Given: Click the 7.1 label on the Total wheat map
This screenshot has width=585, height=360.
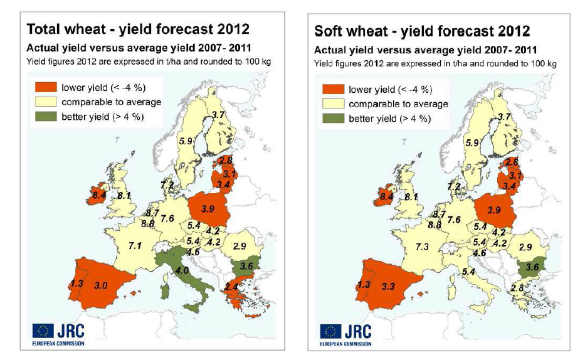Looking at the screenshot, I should click(x=135, y=244).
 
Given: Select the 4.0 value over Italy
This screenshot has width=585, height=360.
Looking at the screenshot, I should click(x=182, y=270).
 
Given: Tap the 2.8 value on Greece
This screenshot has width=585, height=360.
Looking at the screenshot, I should click(x=517, y=288).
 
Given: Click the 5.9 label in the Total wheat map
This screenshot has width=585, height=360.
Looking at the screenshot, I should click(x=186, y=141).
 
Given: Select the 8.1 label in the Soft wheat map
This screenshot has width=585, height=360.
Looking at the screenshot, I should click(x=411, y=197).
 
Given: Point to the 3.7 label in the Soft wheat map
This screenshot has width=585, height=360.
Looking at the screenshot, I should click(x=504, y=117).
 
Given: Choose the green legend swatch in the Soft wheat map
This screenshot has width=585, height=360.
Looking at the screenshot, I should click(x=334, y=119).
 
